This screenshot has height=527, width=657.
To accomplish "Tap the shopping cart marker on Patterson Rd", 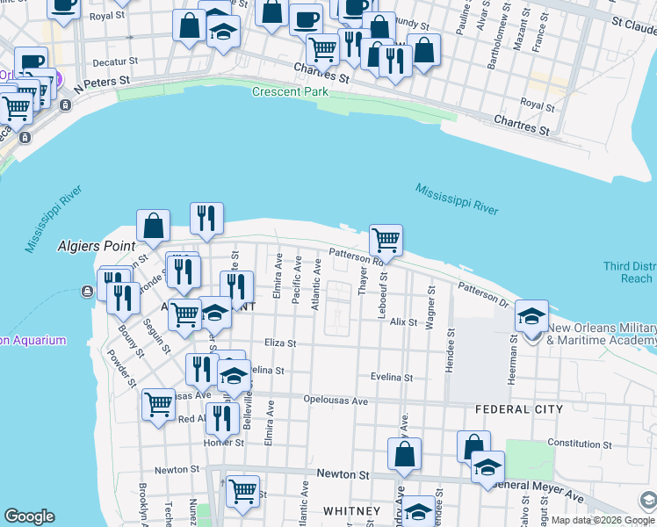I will pyautogui.click(x=386, y=240).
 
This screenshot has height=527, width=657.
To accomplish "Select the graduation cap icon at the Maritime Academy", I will pyautogui.click(x=531, y=316).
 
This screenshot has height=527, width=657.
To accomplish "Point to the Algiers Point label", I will pyautogui.click(x=96, y=246).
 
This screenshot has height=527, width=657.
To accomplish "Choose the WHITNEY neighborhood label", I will pyautogui.click(x=351, y=511).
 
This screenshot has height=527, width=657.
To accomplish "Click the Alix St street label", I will pyautogui.click(x=404, y=322).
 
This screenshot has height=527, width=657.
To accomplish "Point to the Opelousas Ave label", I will pyautogui.click(x=336, y=400).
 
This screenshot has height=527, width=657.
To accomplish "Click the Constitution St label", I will pyautogui.click(x=577, y=444).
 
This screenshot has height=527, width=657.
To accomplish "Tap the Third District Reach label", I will pyautogui.click(x=628, y=272).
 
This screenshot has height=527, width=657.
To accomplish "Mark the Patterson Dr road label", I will pyautogui.click(x=482, y=295).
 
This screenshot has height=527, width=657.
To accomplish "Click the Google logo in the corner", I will pyautogui.click(x=29, y=516).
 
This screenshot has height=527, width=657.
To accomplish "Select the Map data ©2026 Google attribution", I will pyautogui.click(x=589, y=520).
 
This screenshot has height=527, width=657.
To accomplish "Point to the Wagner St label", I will pyautogui.click(x=430, y=307).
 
